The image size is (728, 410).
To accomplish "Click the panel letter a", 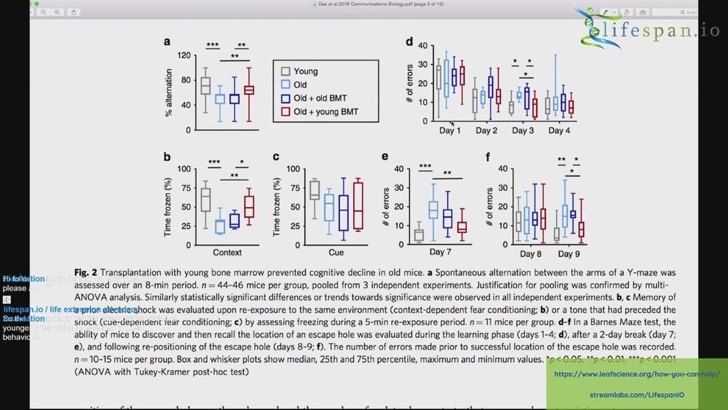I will [x=167, y=43].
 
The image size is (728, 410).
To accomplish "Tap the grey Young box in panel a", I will [x=205, y=85].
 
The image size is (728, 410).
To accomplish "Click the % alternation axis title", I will [x=170, y=92].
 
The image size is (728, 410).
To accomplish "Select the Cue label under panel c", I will [x=336, y=252].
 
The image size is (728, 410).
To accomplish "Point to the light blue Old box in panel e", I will [x=433, y=210].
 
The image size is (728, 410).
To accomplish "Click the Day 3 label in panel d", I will [x=523, y=130].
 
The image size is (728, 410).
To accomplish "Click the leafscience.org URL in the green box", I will [x=636, y=374].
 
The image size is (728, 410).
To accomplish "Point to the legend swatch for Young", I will [x=287, y=71].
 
